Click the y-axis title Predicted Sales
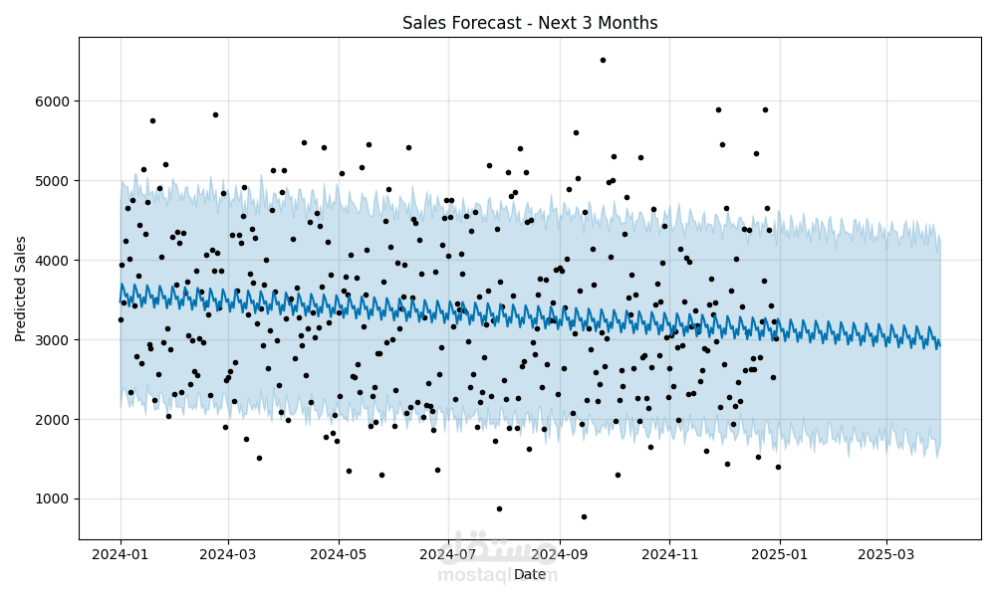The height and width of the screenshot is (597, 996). (x=20, y=290)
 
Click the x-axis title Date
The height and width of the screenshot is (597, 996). (x=530, y=574)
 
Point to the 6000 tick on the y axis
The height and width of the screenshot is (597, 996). (x=53, y=101)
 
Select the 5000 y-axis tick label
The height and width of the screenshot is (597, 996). (x=53, y=181)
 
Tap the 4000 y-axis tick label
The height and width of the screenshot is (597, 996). (x=53, y=260)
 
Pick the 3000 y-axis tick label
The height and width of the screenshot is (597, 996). (x=53, y=340)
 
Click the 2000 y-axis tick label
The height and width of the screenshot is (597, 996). (x=53, y=419)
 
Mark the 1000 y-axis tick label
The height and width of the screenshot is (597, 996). (x=53, y=499)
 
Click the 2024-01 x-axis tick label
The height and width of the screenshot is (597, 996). (x=121, y=554)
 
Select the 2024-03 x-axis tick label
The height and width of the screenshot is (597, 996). (x=228, y=554)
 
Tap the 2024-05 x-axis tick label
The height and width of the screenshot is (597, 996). (x=339, y=554)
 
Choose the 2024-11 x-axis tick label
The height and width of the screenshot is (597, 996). (x=669, y=554)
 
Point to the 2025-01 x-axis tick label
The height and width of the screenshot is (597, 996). (x=780, y=554)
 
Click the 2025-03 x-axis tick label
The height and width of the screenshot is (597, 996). (x=886, y=554)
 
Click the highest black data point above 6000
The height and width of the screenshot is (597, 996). (x=603, y=61)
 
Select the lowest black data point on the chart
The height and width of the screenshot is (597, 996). (x=584, y=517)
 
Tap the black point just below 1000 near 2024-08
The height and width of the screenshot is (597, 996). (x=499, y=508)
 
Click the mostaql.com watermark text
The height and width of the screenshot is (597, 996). (x=497, y=575)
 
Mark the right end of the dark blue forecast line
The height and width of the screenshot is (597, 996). (x=940, y=346)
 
